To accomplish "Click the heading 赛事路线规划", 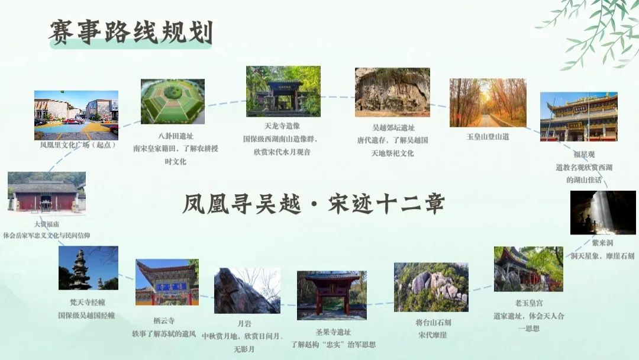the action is click(x=131, y=32).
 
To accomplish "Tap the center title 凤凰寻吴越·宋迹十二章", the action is click(x=314, y=204).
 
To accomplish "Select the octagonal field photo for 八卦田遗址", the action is click(x=172, y=101).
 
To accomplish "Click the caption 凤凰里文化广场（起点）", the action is click(x=78, y=144).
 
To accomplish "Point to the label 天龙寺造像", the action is click(x=282, y=126).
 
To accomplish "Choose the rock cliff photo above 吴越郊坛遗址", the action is click(x=392, y=92).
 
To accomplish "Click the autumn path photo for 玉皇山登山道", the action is click(x=488, y=103).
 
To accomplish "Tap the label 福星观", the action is click(x=584, y=155).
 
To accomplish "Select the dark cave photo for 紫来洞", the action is click(x=603, y=213).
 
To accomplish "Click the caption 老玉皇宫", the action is click(x=528, y=303).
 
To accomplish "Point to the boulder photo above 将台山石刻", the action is click(x=431, y=287).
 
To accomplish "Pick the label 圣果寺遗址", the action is click(x=333, y=332).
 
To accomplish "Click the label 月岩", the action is click(x=244, y=324).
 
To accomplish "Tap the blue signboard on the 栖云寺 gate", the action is click(x=171, y=287).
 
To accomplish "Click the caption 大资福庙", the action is click(x=47, y=224).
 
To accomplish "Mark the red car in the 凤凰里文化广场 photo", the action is click(x=73, y=121).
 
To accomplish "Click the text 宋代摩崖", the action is click(x=433, y=335).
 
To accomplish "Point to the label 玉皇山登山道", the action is click(x=488, y=137).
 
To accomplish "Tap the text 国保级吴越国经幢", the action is click(x=86, y=316).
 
